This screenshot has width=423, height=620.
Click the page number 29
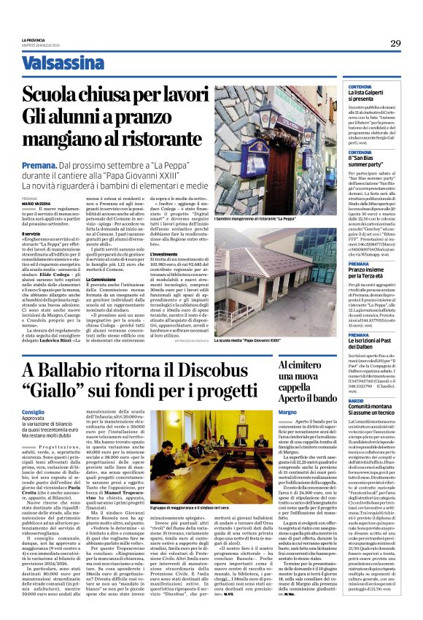pyautogui.click(x=395, y=43)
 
